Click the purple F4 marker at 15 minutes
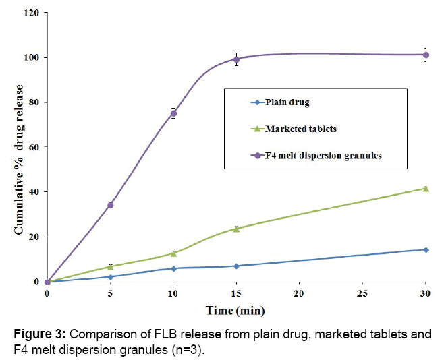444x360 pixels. tap(236, 59)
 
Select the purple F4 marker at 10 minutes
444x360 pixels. tap(173, 113)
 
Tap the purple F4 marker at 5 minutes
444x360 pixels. tap(110, 204)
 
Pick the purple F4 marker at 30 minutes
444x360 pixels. tap(425, 55)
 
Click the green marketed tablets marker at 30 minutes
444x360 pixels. tap(425, 188)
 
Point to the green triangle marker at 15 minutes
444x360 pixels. tap(236, 229)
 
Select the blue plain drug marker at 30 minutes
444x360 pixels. tap(425, 249)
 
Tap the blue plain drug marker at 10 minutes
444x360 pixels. tap(173, 268)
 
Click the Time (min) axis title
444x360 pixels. tap(235, 311)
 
